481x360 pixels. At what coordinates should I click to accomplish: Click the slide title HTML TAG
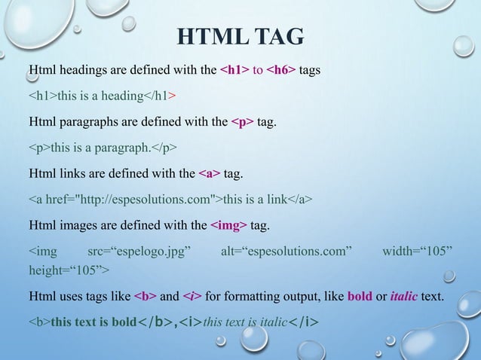point(240,36)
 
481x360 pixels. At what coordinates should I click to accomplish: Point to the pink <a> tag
point(210,174)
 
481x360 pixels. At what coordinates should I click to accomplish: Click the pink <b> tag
point(145,296)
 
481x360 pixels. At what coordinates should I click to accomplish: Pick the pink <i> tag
point(193,296)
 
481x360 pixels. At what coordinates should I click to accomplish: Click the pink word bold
point(360,296)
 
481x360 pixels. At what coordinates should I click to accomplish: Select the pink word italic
point(404,296)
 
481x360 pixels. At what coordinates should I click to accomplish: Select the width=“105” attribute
point(418,249)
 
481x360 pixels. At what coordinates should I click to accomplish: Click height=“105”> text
point(69,270)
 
